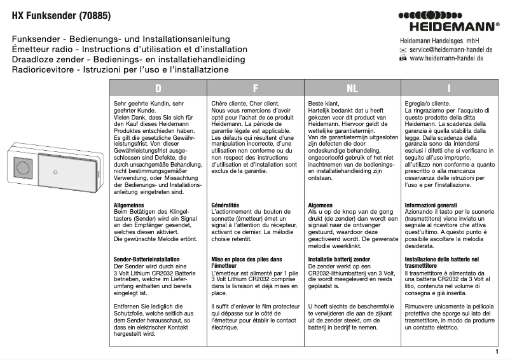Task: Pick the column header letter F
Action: pyautogui.click(x=255, y=88)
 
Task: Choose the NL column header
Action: pyautogui.click(x=352, y=88)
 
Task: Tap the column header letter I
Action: pyautogui.click(x=449, y=88)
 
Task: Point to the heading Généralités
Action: pyautogui.click(x=225, y=205)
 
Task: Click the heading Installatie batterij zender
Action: pyautogui.click(x=339, y=260)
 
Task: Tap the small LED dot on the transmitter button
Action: pyautogui.click(x=59, y=172)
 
